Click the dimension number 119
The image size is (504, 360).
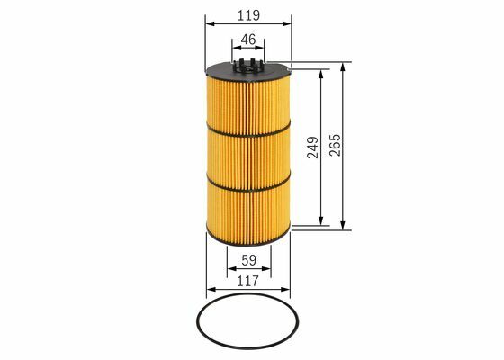coord(248,15)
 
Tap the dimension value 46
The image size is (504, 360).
coord(248,40)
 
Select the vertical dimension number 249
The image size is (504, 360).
coord(313,148)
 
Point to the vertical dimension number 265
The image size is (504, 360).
coord(335,145)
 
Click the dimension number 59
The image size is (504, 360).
coord(248,261)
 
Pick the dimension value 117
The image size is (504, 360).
coord(247,281)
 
